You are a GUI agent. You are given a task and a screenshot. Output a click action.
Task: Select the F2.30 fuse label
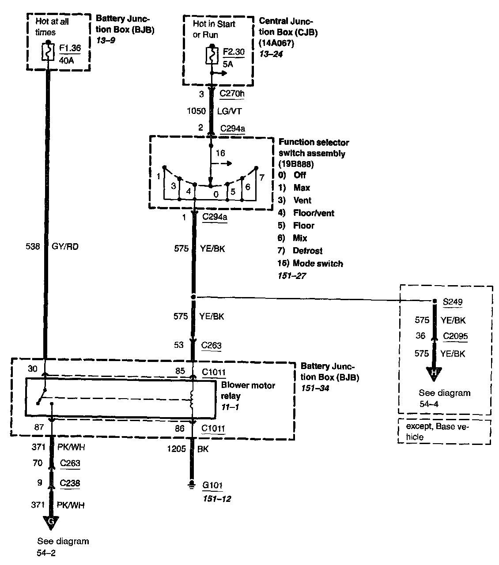click(x=234, y=52)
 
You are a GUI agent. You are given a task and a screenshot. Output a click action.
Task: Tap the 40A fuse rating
click(x=66, y=60)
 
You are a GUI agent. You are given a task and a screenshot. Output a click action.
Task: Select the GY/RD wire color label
click(x=65, y=247)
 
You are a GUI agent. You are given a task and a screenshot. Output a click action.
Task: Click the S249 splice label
click(x=453, y=302)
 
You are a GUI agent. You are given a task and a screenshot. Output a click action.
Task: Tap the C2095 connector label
click(x=455, y=336)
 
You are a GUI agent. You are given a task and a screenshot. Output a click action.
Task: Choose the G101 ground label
click(x=212, y=486)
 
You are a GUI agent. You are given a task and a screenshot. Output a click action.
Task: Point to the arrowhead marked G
click(x=51, y=521)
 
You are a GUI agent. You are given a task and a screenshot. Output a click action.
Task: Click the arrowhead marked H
click(x=434, y=373)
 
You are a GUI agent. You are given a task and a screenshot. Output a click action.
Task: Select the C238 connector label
click(x=70, y=483)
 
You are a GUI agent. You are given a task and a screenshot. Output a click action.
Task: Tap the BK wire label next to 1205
click(x=204, y=449)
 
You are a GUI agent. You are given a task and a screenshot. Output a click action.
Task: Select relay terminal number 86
click(x=180, y=429)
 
